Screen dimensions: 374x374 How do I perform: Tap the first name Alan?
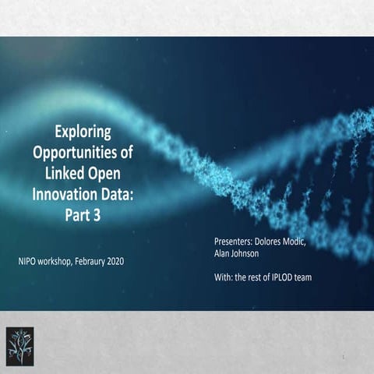(x=224, y=253)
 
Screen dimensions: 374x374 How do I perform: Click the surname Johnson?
(x=254, y=253)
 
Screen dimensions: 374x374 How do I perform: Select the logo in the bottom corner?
(x=22, y=342)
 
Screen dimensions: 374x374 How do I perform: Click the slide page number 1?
(x=343, y=357)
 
